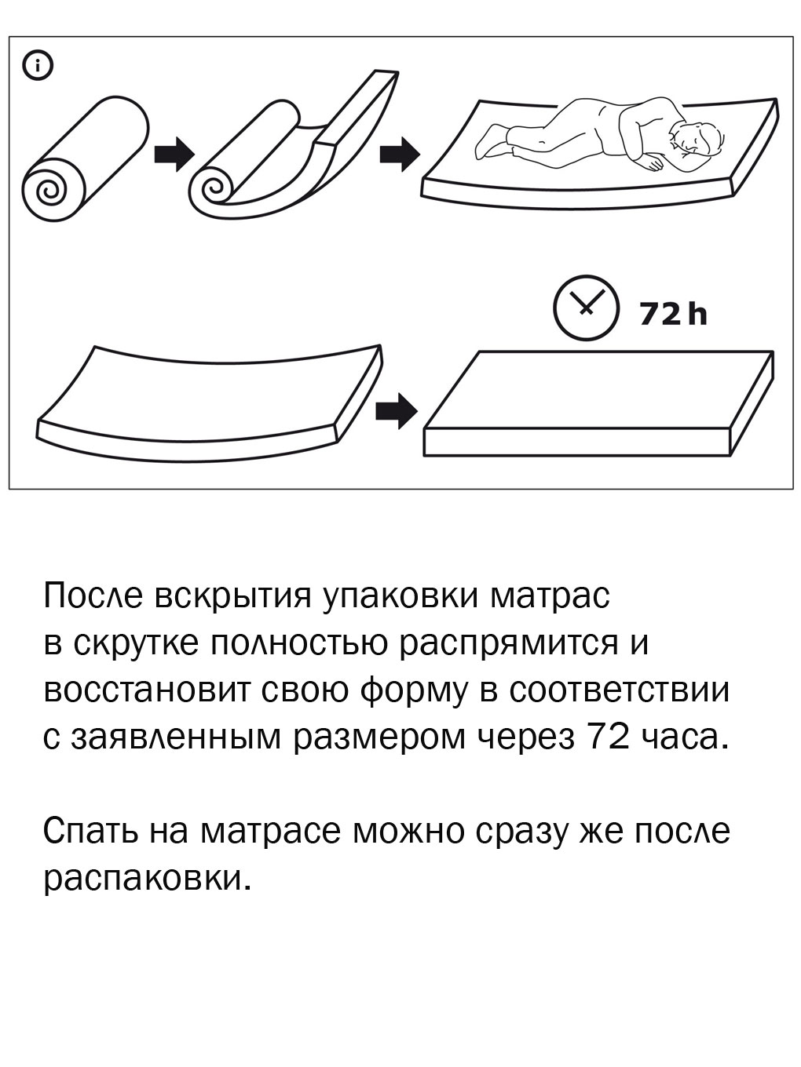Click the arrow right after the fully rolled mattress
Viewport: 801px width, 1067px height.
pyautogui.click(x=174, y=153)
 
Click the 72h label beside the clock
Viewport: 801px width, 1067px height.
pyautogui.click(x=673, y=315)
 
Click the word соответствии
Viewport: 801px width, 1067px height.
pyautogui.click(x=620, y=690)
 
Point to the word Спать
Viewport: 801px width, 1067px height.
pyautogui.click(x=90, y=832)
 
